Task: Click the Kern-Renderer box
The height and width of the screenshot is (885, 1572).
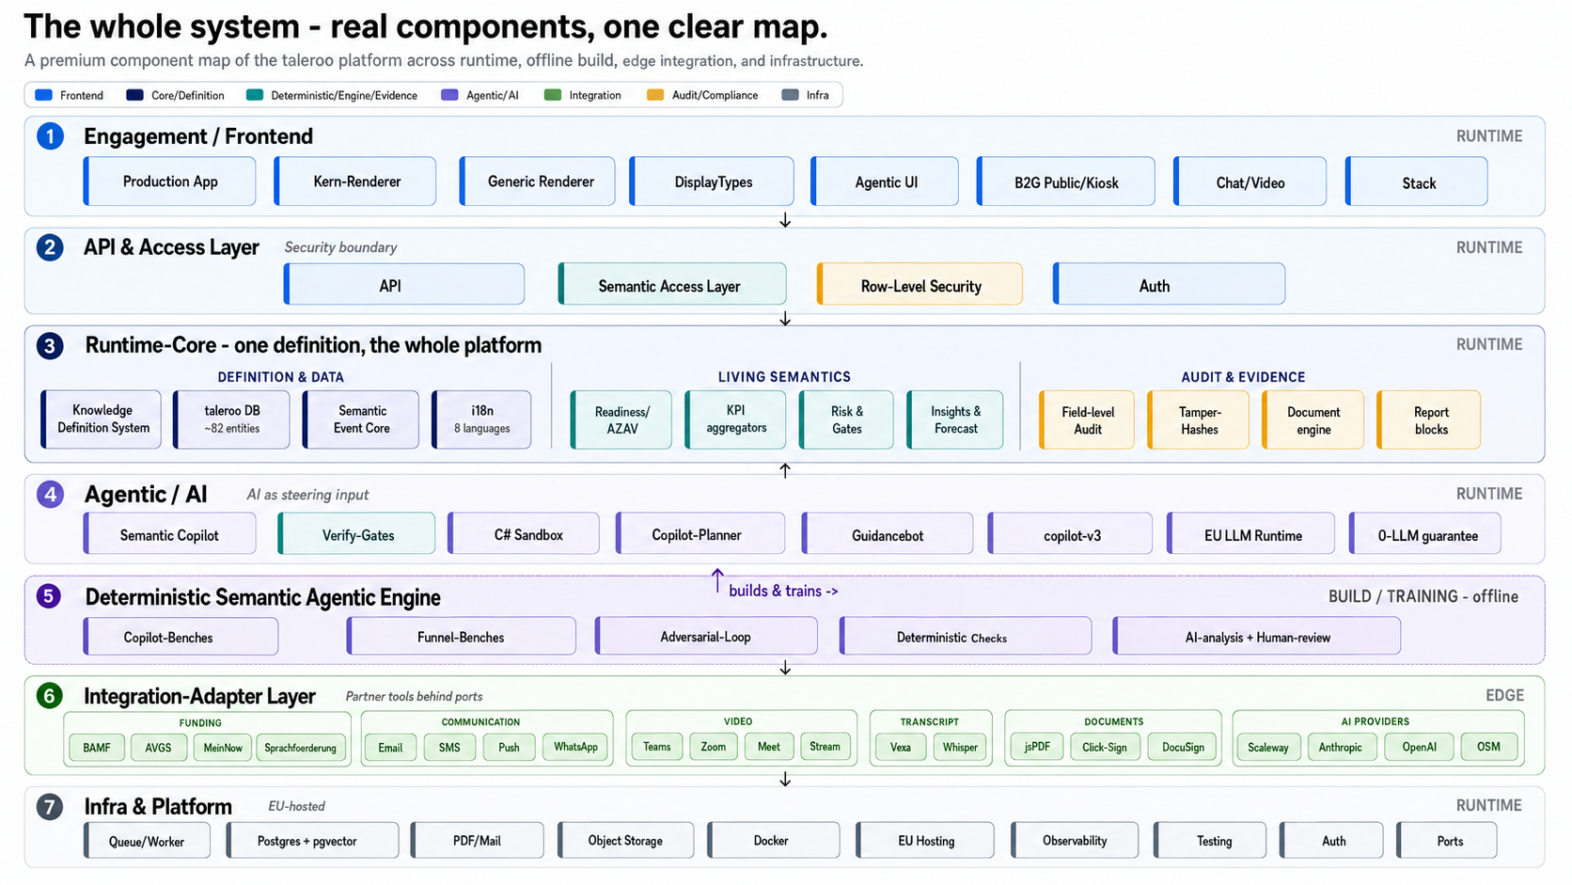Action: [355, 182]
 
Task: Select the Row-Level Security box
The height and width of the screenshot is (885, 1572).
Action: [920, 284]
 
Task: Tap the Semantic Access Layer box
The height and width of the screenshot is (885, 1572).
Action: [671, 284]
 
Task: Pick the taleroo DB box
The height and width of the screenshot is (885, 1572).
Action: [231, 419]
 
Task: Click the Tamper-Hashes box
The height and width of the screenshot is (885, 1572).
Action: [1198, 419]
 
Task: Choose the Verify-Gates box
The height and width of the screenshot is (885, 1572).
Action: [355, 534]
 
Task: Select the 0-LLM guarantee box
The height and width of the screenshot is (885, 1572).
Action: [1424, 534]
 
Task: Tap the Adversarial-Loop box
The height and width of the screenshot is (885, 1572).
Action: [706, 636]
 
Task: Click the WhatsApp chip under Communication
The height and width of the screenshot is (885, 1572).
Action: [574, 747]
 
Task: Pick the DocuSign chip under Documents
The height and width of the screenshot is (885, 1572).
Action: [1183, 747]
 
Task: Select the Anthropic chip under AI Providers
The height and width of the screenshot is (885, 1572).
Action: [1340, 747]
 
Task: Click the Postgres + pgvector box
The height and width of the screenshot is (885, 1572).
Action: [312, 840]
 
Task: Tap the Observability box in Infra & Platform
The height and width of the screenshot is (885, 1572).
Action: [1074, 840]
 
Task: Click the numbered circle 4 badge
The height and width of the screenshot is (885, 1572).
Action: [50, 494]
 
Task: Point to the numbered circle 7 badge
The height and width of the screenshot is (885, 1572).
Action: [49, 806]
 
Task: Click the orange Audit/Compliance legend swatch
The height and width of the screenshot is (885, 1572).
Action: [654, 95]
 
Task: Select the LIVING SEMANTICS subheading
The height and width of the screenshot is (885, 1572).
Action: [784, 377]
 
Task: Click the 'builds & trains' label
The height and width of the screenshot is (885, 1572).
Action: [783, 591]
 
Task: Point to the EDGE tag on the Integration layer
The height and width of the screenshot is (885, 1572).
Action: [1504, 695]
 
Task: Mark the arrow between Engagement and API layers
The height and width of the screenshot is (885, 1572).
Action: [785, 220]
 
